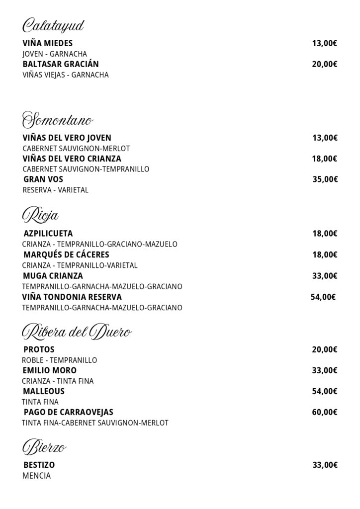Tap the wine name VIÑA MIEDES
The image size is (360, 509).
click(x=48, y=43)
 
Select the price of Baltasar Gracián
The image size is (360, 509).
click(x=325, y=64)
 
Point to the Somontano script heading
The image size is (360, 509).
click(x=58, y=120)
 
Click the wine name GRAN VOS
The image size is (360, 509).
click(x=43, y=179)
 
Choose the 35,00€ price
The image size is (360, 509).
click(x=325, y=179)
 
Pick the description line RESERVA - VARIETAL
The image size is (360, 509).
click(x=56, y=190)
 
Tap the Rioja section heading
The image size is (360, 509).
click(x=41, y=215)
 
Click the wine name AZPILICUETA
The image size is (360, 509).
click(x=48, y=233)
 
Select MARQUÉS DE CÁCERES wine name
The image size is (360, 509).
click(x=66, y=254)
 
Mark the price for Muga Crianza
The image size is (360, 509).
click(x=325, y=276)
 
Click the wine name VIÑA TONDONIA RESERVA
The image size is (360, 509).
click(x=72, y=297)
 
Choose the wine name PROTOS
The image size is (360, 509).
click(x=39, y=349)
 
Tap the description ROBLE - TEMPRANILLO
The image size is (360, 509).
click(x=60, y=360)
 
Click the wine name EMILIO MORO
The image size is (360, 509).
click(x=50, y=370)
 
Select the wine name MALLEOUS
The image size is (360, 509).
click(x=44, y=391)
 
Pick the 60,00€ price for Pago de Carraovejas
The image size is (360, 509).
click(x=325, y=412)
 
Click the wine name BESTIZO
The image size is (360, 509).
click(x=39, y=465)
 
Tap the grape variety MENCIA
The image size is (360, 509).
click(x=37, y=476)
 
